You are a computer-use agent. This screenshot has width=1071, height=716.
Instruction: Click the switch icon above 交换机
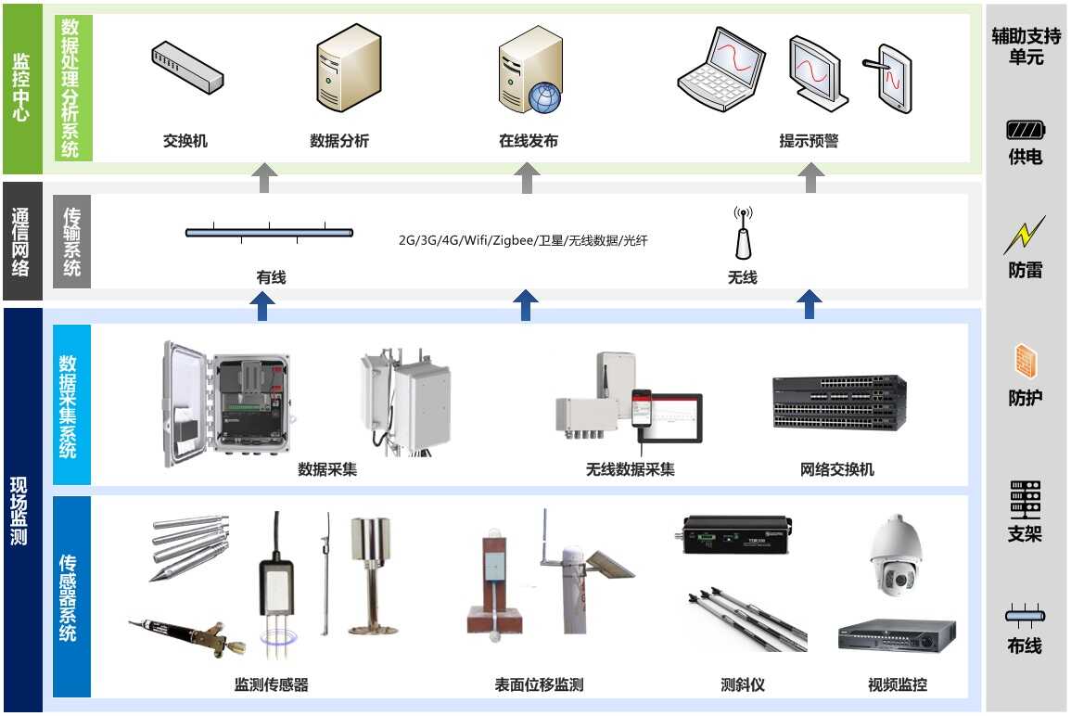[187, 68]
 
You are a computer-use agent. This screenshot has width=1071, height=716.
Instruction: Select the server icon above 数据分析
[348, 70]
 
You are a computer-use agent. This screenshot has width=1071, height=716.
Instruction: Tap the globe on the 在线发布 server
[544, 96]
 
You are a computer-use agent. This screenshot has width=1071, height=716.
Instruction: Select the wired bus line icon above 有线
[269, 233]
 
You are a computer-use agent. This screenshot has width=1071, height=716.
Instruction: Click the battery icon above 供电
[1025, 131]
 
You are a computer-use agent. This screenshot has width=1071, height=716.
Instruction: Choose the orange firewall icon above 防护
[1025, 363]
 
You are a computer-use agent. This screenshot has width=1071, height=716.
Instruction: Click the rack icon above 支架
[1025, 500]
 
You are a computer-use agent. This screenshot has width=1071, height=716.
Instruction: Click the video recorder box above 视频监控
[896, 636]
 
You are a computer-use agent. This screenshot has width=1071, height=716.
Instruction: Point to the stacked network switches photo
[839, 403]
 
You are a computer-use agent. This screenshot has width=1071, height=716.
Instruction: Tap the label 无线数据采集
[630, 469]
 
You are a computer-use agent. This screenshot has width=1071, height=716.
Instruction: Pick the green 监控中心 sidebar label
[20, 89]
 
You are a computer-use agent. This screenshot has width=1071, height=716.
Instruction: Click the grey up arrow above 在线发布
[527, 177]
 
